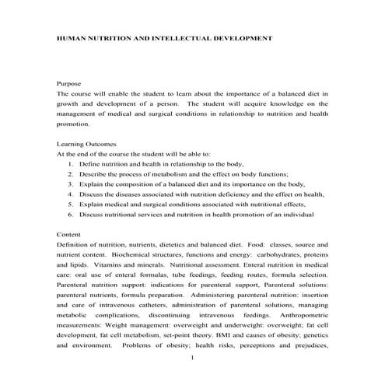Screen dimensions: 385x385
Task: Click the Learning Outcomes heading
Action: click(87, 143)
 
